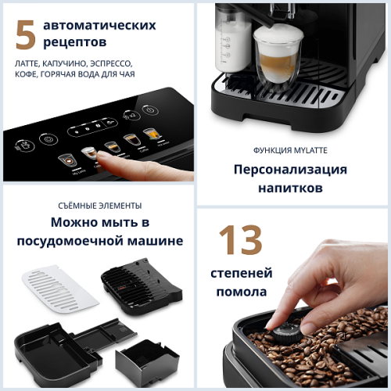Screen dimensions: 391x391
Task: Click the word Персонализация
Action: [289, 170]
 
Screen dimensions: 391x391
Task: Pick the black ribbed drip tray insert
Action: [142, 283]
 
